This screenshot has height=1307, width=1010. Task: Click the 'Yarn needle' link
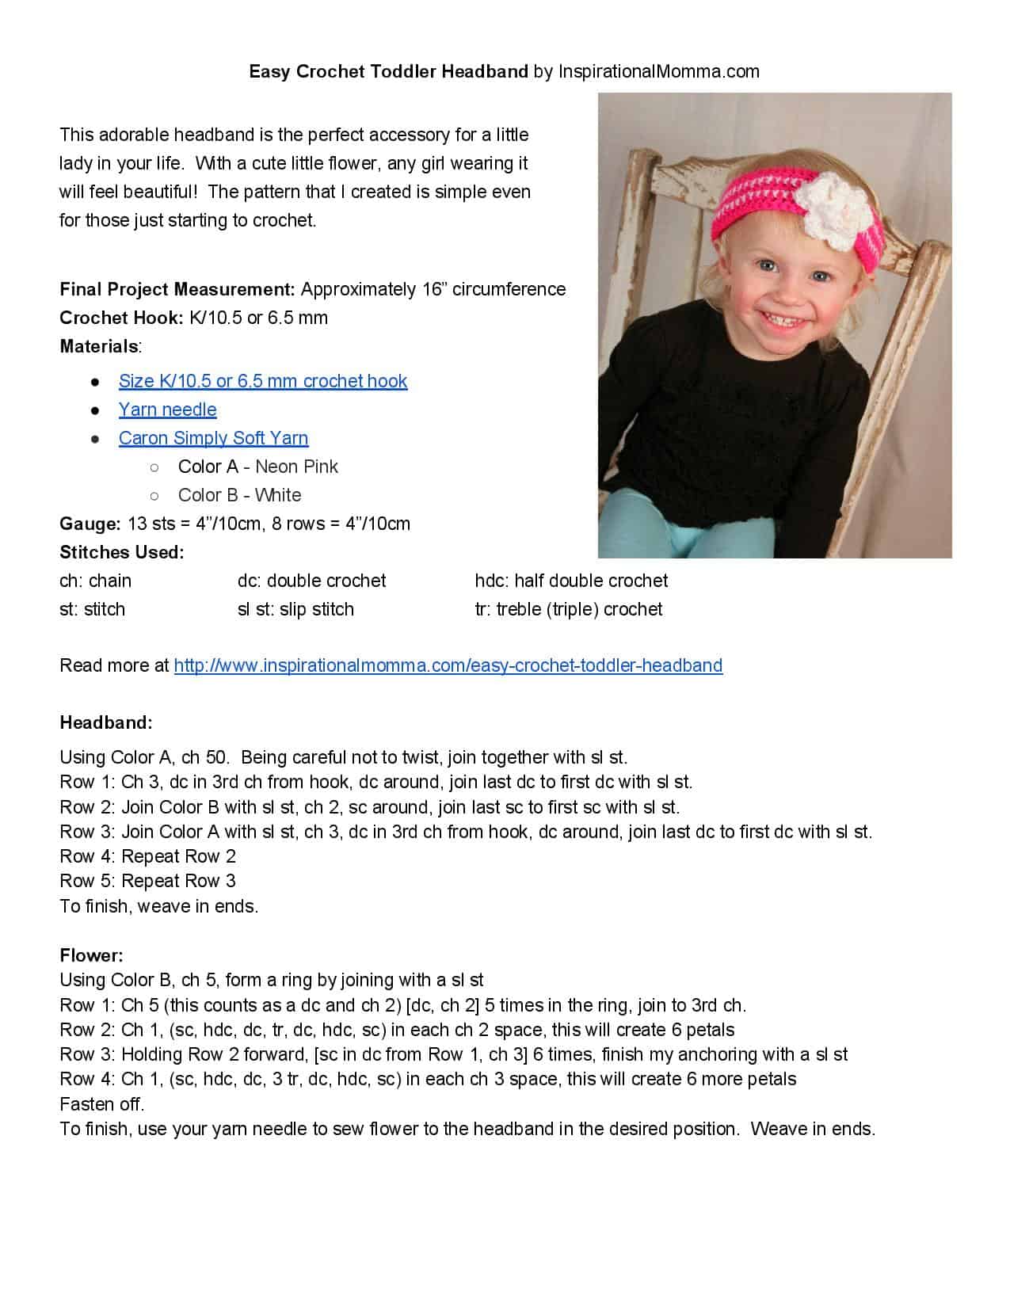167,410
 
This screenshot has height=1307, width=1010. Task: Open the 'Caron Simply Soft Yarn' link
213,438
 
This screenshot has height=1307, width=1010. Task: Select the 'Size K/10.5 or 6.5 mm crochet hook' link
262,381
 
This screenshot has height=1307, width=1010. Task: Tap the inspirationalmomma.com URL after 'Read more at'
448,665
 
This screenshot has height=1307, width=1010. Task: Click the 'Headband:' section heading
106,722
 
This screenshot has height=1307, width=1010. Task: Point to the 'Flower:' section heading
91,955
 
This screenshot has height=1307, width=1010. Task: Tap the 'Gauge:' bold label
90,524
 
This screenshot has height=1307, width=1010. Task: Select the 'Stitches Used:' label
121,552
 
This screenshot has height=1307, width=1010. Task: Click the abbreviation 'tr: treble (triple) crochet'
568,609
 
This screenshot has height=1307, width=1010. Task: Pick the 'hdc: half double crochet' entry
571,581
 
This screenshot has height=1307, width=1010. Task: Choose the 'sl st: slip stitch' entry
295,609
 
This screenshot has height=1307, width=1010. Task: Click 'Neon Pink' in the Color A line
296,467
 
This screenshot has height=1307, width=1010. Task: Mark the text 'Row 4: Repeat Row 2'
147,856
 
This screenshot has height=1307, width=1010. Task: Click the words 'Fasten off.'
102,1103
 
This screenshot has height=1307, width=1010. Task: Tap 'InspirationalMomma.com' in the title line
658,71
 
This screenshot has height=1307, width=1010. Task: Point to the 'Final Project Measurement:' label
177,289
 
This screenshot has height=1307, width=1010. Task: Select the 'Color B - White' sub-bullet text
239,495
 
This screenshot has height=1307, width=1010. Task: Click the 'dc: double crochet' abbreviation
311,581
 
